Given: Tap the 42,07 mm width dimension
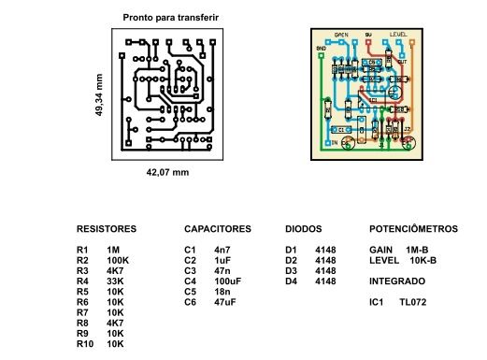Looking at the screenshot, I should click(x=168, y=173).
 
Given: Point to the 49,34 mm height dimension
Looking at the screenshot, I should click(x=98, y=94).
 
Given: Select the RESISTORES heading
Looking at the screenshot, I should click(x=107, y=228).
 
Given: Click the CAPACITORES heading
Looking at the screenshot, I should click(x=218, y=228).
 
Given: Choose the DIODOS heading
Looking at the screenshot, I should click(x=303, y=228).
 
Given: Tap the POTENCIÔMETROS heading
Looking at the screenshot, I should click(x=414, y=228).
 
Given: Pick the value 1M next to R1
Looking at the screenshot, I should click(x=114, y=250).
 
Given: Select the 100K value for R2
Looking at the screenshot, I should click(x=117, y=260).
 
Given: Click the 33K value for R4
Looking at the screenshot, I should click(x=115, y=281).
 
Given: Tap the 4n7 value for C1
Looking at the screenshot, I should click(x=222, y=250).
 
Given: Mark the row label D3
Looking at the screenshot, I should click(x=291, y=270).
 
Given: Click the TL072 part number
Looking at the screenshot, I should click(x=412, y=302).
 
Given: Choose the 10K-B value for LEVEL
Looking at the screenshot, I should click(x=424, y=260).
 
